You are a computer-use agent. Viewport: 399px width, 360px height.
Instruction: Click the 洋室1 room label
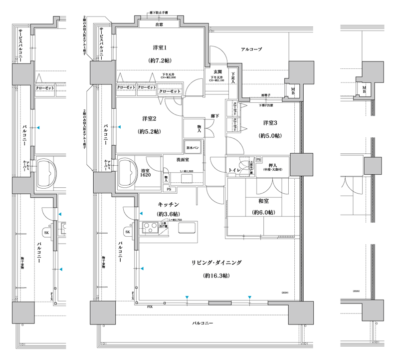click(x=160, y=48)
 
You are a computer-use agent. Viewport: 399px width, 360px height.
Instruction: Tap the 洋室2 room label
click(x=150, y=119)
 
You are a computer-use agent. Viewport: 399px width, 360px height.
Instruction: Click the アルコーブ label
click(x=252, y=49)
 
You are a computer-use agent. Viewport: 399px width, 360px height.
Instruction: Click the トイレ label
click(x=235, y=170)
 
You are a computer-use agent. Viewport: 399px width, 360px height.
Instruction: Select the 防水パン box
click(x=194, y=148)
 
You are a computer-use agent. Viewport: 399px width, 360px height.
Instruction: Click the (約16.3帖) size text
click(x=216, y=276)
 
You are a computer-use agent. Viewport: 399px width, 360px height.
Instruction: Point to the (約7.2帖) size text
click(x=160, y=60)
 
